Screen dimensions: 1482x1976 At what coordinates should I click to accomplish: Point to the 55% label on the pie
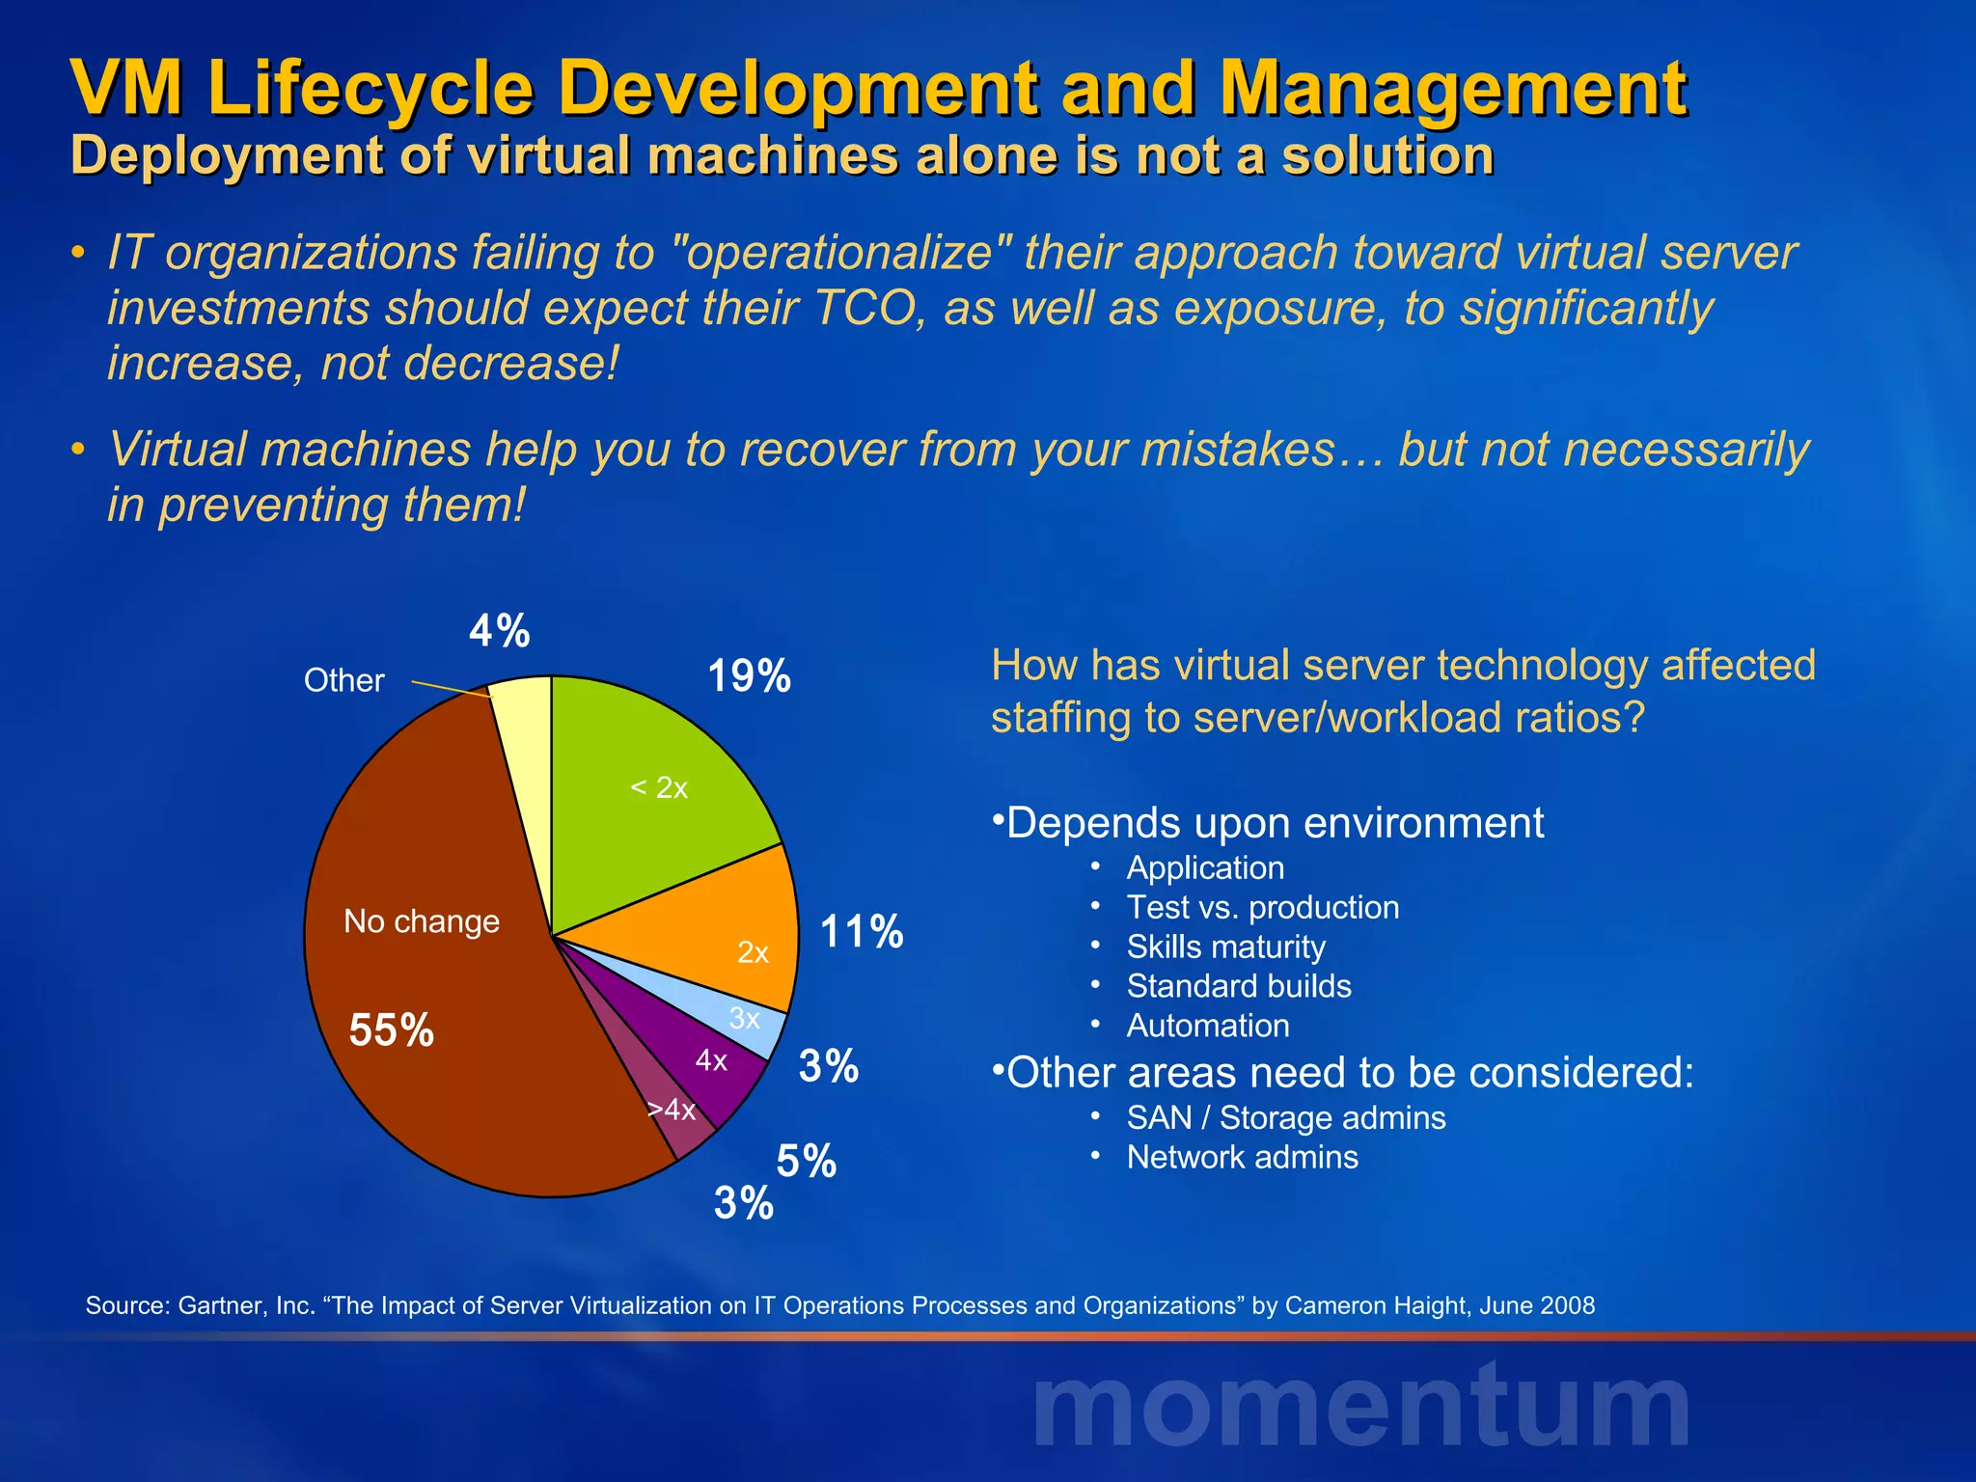click(391, 1030)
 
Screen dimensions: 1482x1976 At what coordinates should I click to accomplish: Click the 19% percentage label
click(749, 676)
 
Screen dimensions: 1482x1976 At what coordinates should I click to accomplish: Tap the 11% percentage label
click(861, 933)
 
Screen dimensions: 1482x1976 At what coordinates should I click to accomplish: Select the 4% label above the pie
click(499, 632)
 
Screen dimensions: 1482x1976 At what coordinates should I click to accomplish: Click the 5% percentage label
click(806, 1161)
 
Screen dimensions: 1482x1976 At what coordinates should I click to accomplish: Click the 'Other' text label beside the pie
click(343, 681)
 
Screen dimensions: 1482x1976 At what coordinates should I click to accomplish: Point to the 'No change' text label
click(422, 921)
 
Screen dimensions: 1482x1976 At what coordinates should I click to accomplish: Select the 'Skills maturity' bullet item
click(1225, 947)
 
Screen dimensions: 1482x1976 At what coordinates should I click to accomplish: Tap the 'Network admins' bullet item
click(1242, 1157)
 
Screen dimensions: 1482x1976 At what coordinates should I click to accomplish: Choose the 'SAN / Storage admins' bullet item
click(1285, 1117)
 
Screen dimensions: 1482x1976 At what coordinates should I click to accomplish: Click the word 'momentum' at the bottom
click(1360, 1409)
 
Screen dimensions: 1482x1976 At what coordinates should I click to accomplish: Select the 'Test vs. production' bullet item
click(1262, 908)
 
